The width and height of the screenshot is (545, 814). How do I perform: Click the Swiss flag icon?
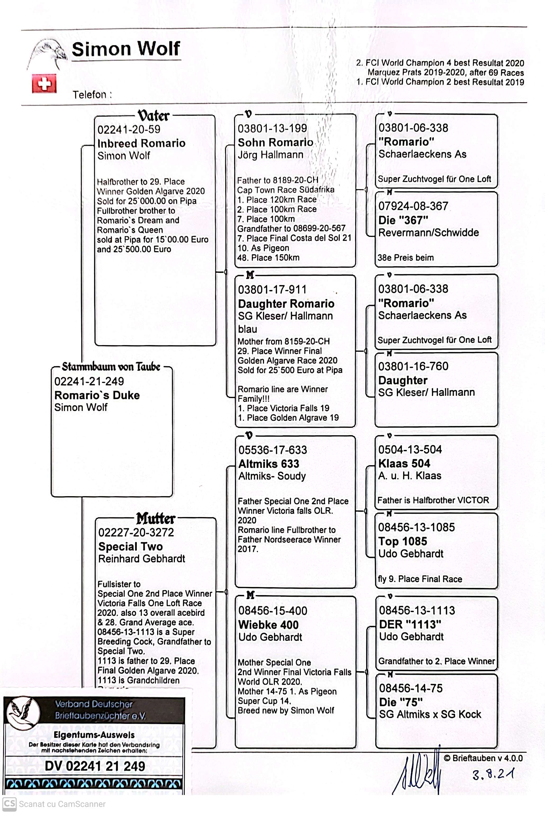[44, 83]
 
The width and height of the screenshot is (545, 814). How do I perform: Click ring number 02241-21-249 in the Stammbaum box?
[89, 381]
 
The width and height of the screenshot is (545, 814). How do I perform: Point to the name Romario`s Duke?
[97, 395]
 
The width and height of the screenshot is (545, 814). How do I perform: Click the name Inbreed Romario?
[141, 143]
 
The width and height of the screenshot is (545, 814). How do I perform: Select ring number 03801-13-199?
[272, 128]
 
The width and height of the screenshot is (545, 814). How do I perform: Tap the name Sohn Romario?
[275, 142]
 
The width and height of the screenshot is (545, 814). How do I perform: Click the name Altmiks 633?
[269, 464]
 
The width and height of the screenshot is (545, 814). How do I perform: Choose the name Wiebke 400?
[268, 625]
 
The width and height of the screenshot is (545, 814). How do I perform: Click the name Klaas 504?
[404, 463]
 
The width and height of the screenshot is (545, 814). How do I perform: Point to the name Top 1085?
[402, 541]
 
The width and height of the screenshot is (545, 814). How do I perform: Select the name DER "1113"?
[410, 624]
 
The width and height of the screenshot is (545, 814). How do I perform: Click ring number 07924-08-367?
[413, 206]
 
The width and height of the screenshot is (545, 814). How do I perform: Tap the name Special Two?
[130, 546]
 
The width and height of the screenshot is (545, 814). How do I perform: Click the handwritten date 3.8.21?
[493, 774]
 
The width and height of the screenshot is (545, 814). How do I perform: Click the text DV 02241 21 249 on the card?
[95, 766]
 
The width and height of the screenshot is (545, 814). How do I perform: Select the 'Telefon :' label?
[92, 94]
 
